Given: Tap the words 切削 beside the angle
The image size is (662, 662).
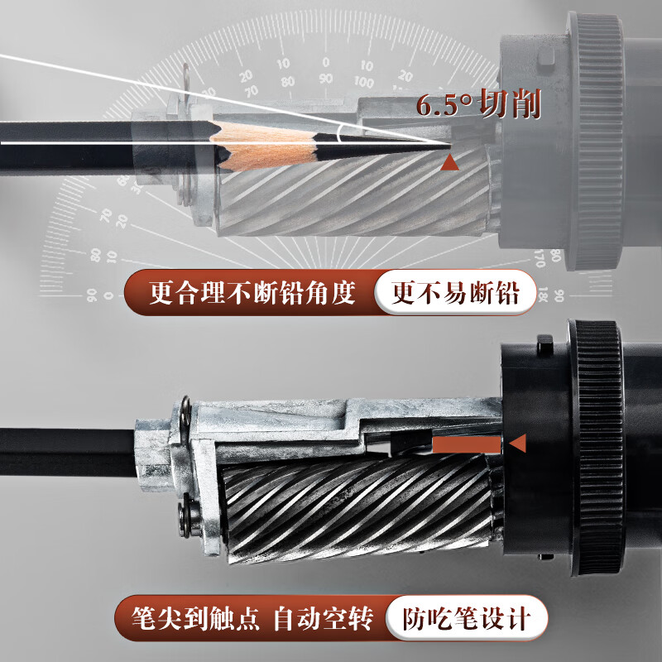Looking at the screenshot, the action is pos(510,104).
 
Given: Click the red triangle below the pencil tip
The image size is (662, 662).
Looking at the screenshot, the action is pos(449,162).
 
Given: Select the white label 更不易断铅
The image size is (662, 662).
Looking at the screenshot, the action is pos(455,293).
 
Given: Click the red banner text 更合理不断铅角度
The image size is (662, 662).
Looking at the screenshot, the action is pos(252,293).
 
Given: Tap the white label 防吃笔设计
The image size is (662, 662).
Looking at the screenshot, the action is pos(466,619).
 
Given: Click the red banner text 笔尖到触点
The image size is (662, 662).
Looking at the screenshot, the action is pos(195,619).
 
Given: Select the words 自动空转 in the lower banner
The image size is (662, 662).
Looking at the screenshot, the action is pos(324,619).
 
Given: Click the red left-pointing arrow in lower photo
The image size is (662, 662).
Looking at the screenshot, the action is pos(518,444).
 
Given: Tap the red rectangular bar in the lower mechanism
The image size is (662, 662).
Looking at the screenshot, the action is pos(467,444).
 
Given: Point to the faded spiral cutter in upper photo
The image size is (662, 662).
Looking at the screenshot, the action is pos(355,192).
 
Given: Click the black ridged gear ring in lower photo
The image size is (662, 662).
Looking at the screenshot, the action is pos(596,448).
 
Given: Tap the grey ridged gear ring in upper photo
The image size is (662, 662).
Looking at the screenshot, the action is pos(596,142).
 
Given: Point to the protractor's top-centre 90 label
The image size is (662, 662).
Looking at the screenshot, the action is pos(325,78).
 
